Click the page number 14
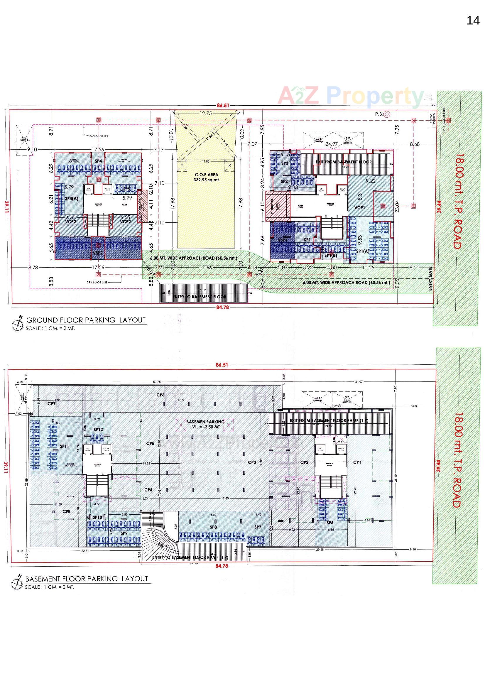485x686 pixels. (x=473, y=21)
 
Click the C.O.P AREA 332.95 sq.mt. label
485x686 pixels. (x=207, y=177)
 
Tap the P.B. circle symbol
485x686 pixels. (x=387, y=114)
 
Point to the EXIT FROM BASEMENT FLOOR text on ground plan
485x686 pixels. (x=344, y=162)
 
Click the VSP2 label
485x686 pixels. (x=98, y=253)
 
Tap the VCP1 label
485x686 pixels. (x=359, y=207)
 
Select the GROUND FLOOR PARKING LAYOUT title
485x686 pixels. (x=86, y=320)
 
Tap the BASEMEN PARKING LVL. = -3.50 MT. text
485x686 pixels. (x=205, y=424)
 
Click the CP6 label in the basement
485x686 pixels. (x=160, y=395)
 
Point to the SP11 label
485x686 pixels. (x=64, y=446)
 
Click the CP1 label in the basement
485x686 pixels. (x=357, y=462)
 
